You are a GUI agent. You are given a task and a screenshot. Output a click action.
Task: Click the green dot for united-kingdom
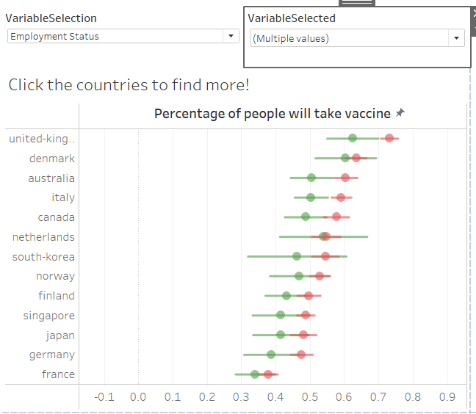click(353, 138)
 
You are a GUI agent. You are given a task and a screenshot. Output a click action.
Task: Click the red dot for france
click(268, 374)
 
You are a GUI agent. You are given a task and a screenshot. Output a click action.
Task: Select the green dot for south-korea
click(297, 256)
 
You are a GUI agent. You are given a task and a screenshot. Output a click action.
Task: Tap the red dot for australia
click(345, 178)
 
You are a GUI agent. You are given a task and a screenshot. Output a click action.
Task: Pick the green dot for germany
click(271, 355)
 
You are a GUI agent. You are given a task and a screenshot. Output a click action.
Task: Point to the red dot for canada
click(336, 217)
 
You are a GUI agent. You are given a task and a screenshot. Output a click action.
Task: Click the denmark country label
click(51, 158)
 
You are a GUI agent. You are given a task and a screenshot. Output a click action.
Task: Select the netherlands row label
click(43, 236)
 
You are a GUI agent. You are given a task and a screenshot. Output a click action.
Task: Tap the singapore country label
click(48, 315)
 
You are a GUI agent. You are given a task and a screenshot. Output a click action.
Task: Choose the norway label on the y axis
click(55, 276)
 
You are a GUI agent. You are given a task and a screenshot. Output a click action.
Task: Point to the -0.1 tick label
click(104, 396)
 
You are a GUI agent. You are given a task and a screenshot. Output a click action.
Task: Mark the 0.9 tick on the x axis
click(447, 396)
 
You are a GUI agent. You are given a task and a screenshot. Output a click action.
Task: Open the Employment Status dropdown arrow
click(231, 36)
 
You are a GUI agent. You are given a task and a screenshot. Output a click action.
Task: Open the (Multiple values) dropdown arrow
click(456, 38)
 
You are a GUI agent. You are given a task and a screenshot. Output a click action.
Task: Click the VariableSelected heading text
click(292, 18)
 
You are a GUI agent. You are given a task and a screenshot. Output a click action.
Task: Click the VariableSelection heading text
click(51, 18)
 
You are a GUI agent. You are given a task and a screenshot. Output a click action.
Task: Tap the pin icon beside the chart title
click(400, 113)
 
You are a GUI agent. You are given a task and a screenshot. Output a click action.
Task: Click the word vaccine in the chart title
click(367, 113)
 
